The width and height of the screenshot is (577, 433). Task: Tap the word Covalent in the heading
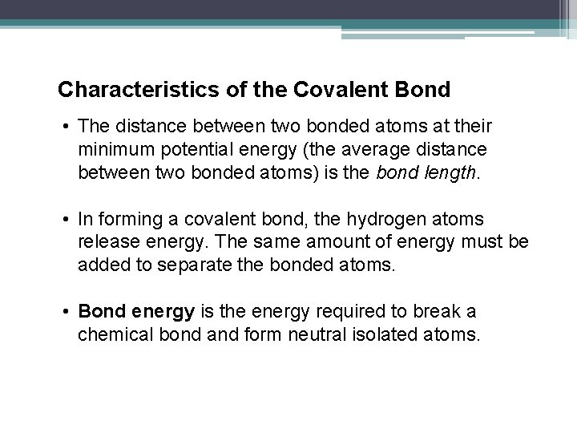tap(337, 88)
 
